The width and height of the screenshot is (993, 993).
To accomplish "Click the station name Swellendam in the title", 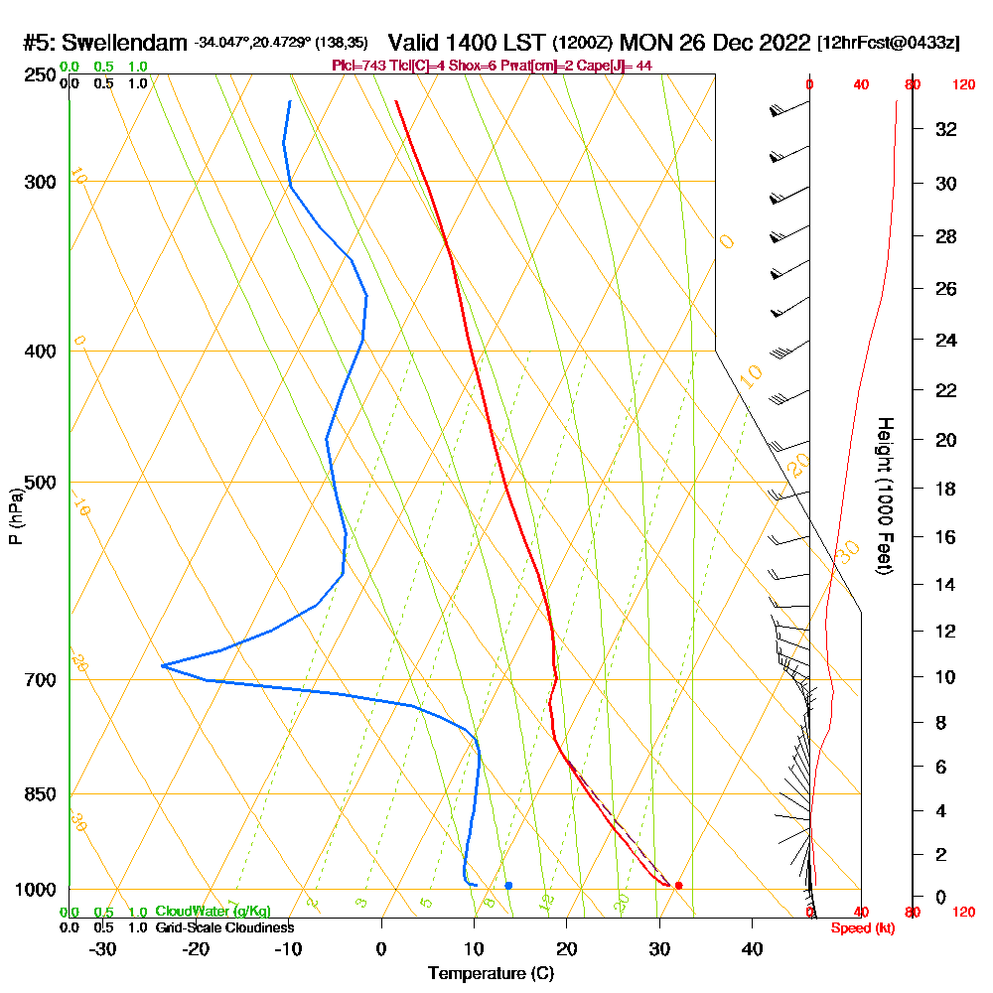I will click(124, 43).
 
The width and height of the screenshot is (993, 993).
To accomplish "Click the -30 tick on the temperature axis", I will click(103, 948).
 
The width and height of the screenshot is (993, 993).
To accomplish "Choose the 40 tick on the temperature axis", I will click(752, 948).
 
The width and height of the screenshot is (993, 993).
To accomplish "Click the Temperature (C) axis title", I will click(491, 974).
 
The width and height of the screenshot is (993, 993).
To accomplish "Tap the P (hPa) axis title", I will click(15, 516).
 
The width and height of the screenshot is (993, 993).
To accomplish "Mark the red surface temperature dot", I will click(678, 885).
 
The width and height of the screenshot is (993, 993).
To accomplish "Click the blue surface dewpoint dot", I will click(508, 885).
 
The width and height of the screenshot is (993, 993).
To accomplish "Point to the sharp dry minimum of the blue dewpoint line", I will click(163, 665).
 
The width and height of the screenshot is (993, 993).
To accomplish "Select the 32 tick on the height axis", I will click(946, 129).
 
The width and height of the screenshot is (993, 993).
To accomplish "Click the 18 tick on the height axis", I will click(946, 489).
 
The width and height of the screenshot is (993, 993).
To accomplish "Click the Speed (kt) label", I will click(859, 928).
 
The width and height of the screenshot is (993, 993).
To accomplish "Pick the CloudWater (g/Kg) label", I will click(213, 912).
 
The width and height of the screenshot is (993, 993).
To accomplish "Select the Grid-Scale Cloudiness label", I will click(223, 927).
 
